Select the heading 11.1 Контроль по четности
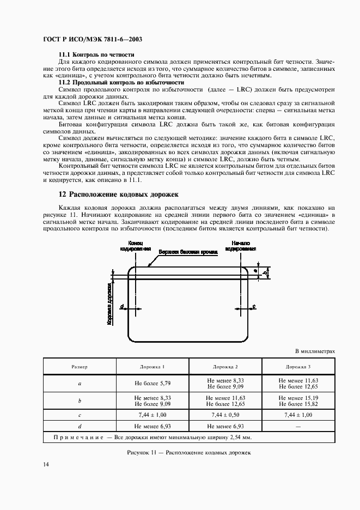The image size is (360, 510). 96,56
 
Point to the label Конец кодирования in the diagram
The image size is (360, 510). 135,245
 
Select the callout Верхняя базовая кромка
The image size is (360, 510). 188,253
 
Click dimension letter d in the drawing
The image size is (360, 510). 123,307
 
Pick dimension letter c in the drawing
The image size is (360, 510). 254,307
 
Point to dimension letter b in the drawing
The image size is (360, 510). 265,272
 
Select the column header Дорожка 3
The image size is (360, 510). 298,367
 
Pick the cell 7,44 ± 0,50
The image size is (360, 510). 225,415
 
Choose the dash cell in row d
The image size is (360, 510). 298,426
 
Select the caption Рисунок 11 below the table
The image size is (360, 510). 188,452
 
